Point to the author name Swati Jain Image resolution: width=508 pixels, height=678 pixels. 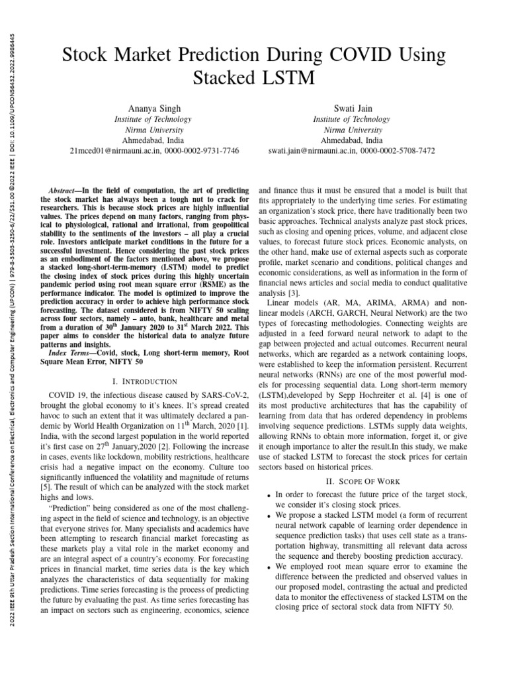click(x=351, y=108)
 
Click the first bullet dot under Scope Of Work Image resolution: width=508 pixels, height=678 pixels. click(x=268, y=495)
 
